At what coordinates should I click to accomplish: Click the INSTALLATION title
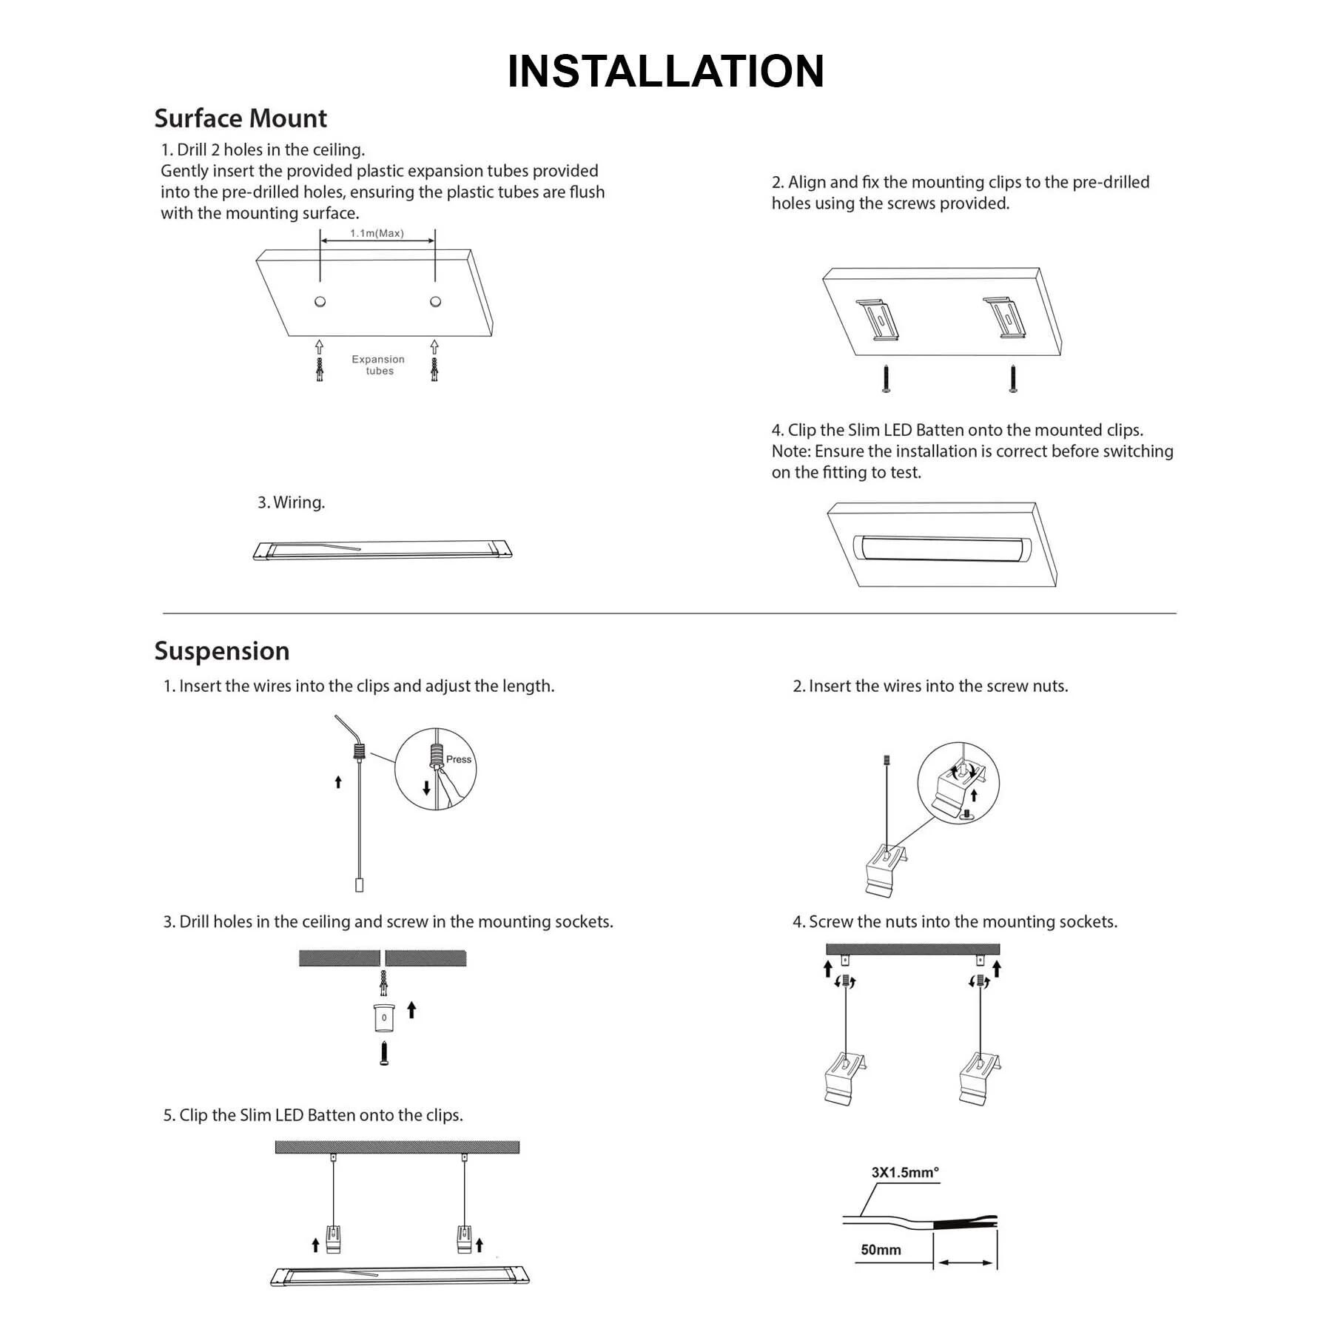click(665, 72)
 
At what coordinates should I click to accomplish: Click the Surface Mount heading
click(240, 118)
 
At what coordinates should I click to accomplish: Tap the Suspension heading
click(221, 651)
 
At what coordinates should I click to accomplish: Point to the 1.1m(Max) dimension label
click(377, 233)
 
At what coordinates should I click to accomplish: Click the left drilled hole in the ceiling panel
click(320, 301)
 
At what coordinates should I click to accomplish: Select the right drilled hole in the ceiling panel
click(435, 301)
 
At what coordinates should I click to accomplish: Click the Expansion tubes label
click(378, 365)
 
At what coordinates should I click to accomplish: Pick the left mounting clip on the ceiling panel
click(878, 319)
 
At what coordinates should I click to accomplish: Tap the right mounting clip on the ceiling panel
click(1005, 317)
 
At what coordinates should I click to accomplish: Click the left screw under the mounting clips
click(886, 377)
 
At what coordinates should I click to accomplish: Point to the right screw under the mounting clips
click(1012, 377)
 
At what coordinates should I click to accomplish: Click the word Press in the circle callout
click(459, 759)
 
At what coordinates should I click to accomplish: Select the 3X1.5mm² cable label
click(904, 1172)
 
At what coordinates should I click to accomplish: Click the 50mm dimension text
click(881, 1250)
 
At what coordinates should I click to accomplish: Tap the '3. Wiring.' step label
click(291, 502)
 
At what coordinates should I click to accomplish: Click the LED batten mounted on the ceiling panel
click(942, 548)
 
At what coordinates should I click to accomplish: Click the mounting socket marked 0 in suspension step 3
click(384, 1017)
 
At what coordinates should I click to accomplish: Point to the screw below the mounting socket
click(384, 1053)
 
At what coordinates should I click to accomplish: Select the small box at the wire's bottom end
click(360, 884)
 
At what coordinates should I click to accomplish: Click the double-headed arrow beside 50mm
click(965, 1262)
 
